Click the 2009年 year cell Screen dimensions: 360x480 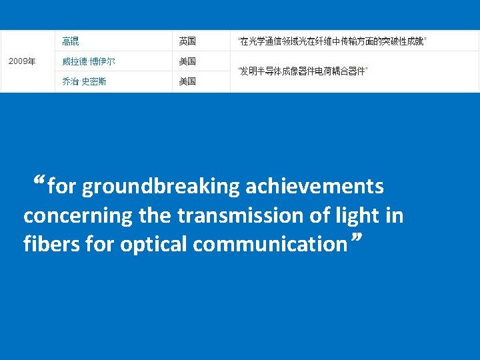(x=22, y=61)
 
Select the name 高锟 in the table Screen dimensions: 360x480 (x=70, y=41)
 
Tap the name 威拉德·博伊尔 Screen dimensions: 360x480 (x=89, y=61)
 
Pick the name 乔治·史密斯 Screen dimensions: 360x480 (x=84, y=81)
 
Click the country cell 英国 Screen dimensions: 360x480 (x=187, y=41)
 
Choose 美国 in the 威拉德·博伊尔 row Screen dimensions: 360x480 (x=187, y=61)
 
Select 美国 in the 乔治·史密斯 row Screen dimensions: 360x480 (x=187, y=81)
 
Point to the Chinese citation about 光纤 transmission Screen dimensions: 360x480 (x=332, y=41)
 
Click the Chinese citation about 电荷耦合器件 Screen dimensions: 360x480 (x=303, y=71)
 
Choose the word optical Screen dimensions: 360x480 (x=154, y=244)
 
